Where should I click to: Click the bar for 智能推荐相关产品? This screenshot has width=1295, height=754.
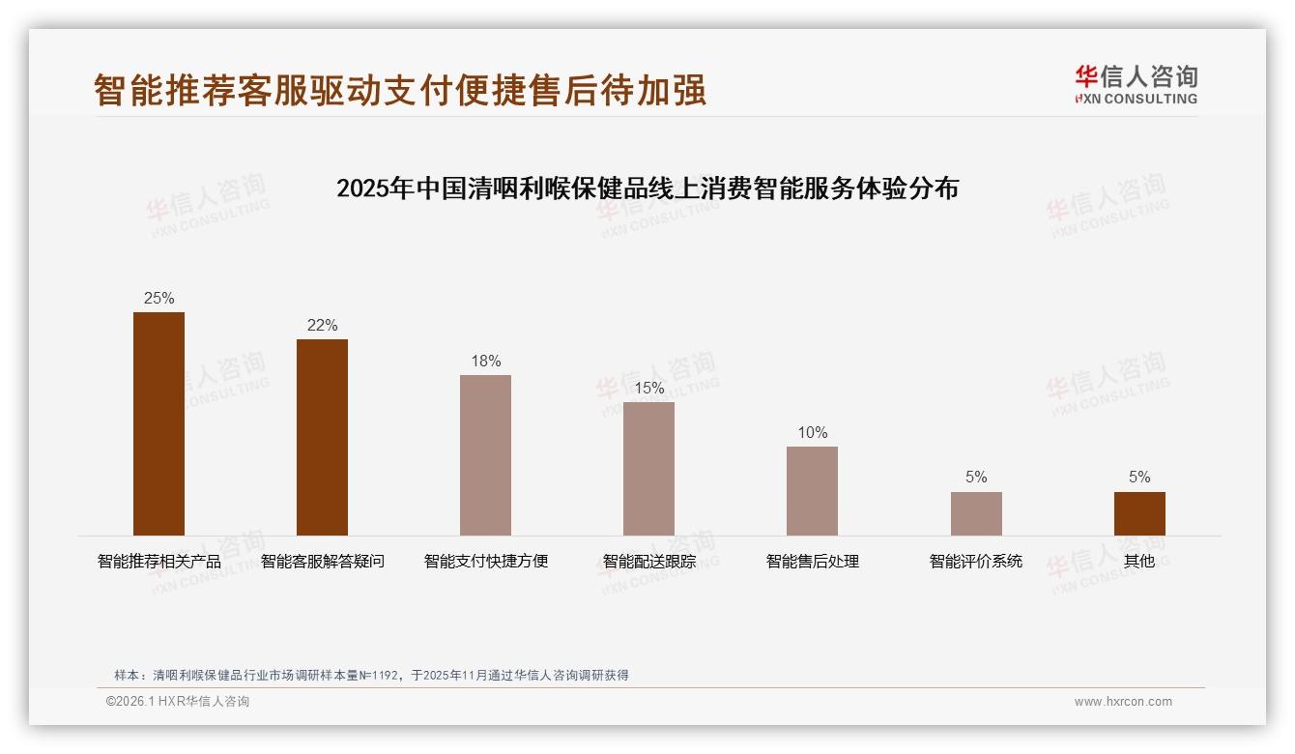coord(158,423)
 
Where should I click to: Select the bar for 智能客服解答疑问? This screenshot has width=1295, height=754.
coord(322,437)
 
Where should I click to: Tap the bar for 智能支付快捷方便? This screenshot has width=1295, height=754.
coord(485,455)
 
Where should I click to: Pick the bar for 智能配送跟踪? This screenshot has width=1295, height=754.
coord(648,469)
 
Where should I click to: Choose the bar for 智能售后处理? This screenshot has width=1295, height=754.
coord(812,491)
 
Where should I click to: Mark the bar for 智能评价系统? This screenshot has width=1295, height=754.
coord(976,513)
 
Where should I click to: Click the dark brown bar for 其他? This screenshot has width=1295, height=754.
coord(1139,513)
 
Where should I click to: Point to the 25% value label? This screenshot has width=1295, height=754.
coord(158,299)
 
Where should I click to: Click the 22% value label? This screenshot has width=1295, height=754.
coord(322,326)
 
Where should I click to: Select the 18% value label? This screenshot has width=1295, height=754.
coord(485,362)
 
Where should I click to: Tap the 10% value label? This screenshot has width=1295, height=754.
coord(812,433)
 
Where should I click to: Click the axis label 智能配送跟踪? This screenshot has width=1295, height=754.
coord(648,562)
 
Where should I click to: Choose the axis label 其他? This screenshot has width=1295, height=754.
coord(1139,562)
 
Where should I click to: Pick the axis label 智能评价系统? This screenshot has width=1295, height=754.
coord(976,562)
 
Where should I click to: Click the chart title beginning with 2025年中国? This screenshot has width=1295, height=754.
coord(647,188)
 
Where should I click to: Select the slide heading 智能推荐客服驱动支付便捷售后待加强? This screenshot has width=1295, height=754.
coord(400,90)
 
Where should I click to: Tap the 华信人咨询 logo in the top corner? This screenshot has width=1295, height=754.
coord(1136,85)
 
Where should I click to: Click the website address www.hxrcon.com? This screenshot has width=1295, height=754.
coord(1123,702)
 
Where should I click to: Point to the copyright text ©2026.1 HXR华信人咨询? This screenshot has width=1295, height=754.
coord(178,702)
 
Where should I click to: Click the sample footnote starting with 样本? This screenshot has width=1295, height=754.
coord(371,675)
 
